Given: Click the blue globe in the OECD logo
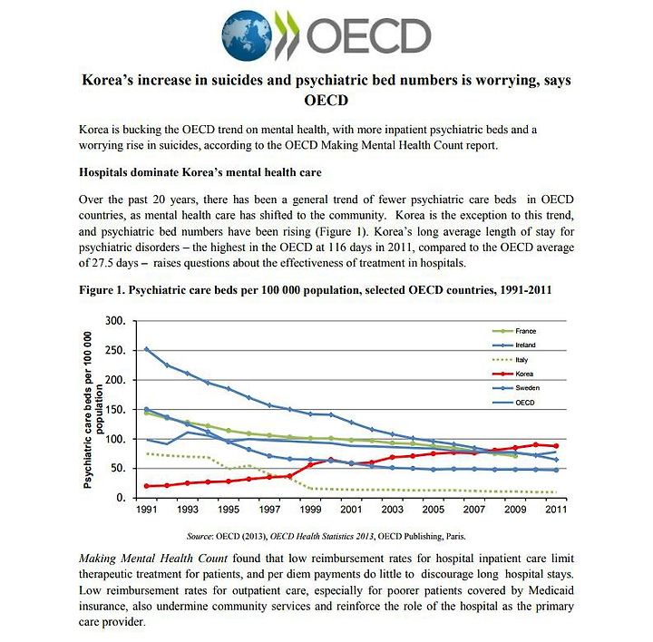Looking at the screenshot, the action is pos(247,36).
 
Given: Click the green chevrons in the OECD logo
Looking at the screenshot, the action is pos(287,35).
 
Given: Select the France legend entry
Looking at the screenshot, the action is pos(514,331).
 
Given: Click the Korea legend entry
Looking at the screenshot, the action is pos(512,374).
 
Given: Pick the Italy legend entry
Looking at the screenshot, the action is pos(510,360).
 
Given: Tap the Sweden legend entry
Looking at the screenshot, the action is pos(516,388).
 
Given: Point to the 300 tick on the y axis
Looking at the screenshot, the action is pos(115,321).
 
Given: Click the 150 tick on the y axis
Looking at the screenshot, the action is pos(115,410).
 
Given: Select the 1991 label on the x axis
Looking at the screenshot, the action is pos(147,510).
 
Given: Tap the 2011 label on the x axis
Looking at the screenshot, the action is pos(556,510).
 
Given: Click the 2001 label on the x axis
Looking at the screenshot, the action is pos(351,510).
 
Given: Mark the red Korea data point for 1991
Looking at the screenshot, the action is pos(147,486).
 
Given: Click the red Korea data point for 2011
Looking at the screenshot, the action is pos(556,446).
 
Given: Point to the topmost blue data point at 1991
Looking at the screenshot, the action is pos(147,349).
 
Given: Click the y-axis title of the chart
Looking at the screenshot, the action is pos(93,410).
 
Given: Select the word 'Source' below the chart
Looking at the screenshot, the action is pos(200,536).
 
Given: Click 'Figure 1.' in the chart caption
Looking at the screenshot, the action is pos(102,290).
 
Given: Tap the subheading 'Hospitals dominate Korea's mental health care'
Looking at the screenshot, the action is pos(200,172).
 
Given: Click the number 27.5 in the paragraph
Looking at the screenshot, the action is pos(102,263).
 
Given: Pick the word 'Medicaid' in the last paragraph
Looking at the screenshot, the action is pos(551,590).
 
